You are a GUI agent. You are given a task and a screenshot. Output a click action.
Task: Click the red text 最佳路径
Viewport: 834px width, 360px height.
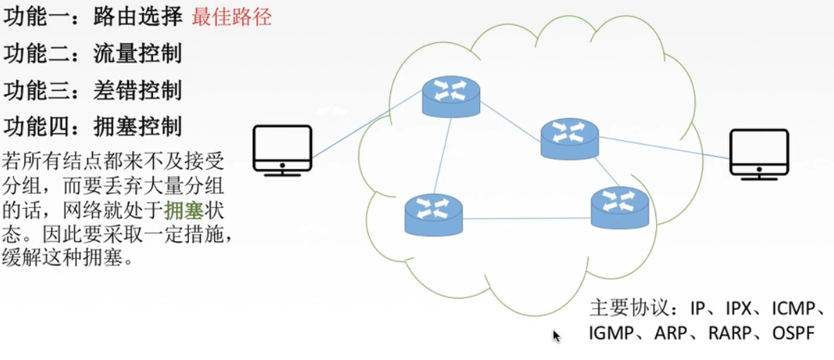pos(232,17)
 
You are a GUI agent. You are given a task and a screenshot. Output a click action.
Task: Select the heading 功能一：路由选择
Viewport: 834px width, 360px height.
pos(93,17)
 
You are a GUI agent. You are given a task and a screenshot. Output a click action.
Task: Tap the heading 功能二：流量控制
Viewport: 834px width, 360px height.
pos(93,54)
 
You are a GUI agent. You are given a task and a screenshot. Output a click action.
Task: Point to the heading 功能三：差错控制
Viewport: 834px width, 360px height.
pos(93,90)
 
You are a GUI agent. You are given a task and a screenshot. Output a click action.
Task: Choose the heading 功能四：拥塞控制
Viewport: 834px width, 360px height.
pos(93,126)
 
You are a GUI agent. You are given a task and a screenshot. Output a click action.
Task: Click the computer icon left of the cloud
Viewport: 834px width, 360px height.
pos(282,150)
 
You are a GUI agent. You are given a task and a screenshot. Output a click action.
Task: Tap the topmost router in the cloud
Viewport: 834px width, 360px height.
pos(451,97)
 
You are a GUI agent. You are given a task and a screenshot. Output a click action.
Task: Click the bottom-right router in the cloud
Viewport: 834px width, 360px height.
pos(620,207)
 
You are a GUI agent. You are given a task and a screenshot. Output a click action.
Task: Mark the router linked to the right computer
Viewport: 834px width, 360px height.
pos(570,139)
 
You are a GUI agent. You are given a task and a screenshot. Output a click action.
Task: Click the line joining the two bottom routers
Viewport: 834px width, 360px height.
pos(526,218)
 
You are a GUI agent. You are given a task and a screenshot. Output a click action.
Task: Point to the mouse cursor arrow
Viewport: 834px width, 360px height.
pos(556,336)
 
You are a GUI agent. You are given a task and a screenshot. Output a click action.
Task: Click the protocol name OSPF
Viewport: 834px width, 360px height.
pos(793,334)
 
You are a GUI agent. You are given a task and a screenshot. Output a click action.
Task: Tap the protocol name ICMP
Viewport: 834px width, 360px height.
pos(791,308)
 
